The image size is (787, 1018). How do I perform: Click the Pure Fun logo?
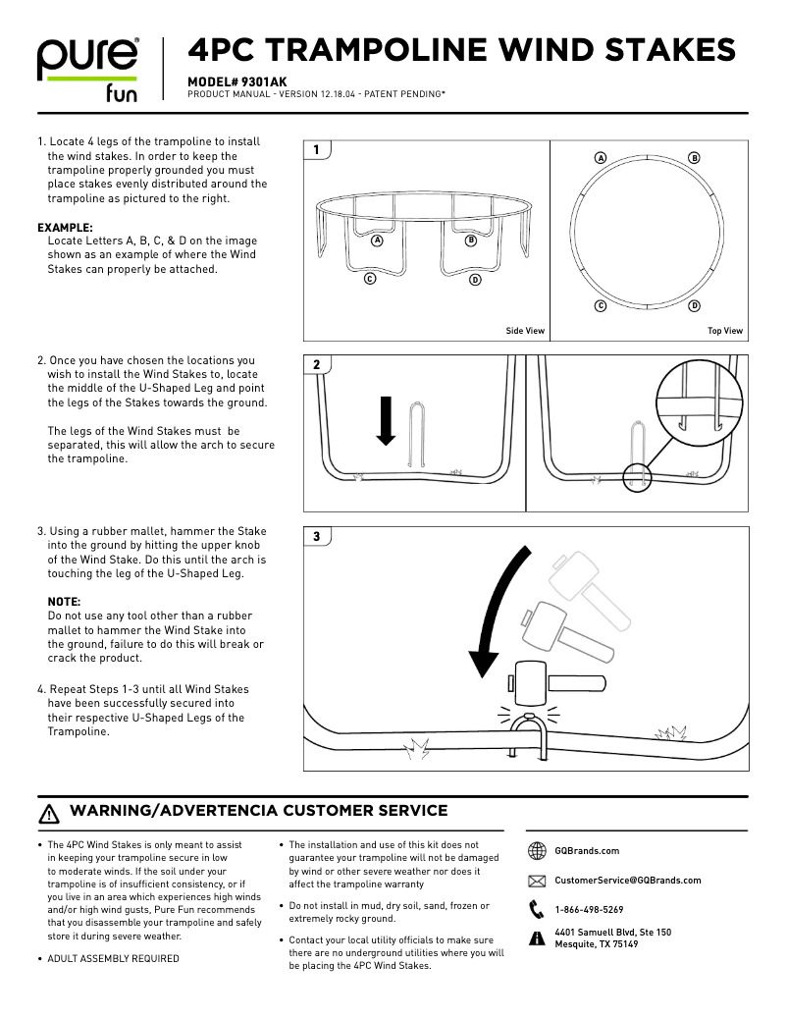(x=88, y=70)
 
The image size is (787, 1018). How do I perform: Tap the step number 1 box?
(x=316, y=150)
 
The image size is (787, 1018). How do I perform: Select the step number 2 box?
(x=316, y=365)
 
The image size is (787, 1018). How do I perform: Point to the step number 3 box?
(x=316, y=537)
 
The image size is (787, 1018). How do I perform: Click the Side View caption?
(x=525, y=331)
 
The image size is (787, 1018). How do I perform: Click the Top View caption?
(x=725, y=331)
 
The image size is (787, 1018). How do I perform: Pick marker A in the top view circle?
(x=601, y=158)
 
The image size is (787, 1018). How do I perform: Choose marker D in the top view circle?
(x=695, y=306)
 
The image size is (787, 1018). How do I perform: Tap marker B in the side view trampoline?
(x=471, y=240)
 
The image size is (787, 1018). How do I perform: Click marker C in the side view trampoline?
(x=370, y=279)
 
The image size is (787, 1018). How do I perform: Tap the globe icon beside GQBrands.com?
(x=537, y=851)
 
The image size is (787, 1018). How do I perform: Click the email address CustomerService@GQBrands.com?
(x=628, y=881)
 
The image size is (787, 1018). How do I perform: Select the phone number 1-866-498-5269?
(x=589, y=910)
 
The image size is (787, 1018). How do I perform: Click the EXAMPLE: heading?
(x=65, y=227)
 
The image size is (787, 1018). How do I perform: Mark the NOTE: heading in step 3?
(x=64, y=601)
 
